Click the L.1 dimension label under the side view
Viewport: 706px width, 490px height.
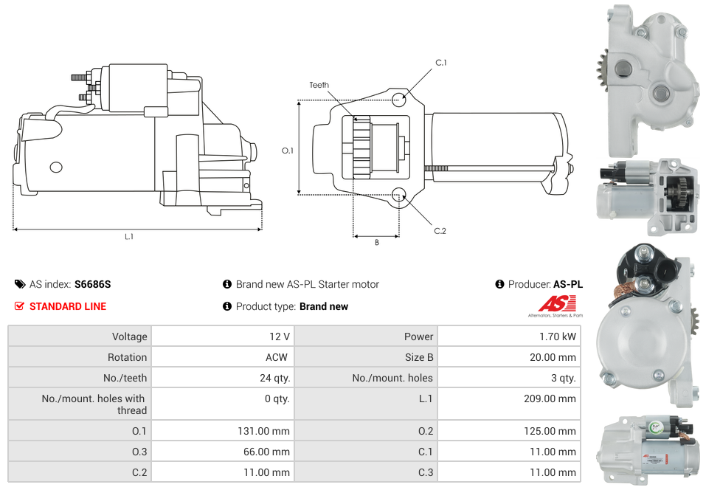(129, 236)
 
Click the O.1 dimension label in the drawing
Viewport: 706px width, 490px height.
(288, 151)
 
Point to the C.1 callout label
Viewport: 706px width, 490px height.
(440, 63)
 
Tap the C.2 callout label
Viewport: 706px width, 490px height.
(440, 231)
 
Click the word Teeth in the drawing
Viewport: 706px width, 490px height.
(319, 86)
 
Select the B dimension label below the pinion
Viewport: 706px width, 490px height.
(376, 242)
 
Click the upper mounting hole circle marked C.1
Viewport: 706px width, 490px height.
(399, 100)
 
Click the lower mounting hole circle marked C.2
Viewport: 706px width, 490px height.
(399, 195)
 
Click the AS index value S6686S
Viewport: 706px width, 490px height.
(92, 284)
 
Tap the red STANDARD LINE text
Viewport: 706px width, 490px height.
(68, 306)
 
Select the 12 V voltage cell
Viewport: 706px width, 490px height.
(280, 337)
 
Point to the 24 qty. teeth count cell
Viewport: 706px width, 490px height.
(270, 378)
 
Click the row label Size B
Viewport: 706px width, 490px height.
(419, 357)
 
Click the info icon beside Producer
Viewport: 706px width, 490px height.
(499, 284)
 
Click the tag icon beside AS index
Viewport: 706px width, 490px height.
(20, 284)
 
